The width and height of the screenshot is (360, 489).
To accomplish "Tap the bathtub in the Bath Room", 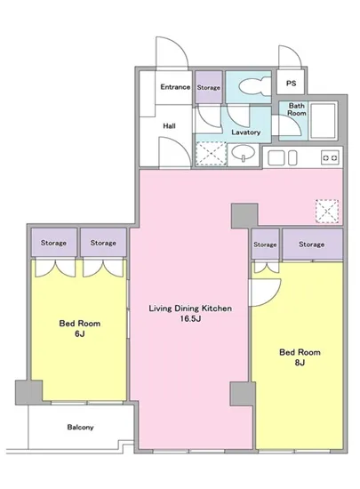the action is click(x=324, y=120).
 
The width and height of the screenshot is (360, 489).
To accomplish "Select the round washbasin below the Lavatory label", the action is click(x=244, y=153).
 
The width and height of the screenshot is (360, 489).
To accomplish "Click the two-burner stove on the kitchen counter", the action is click(x=330, y=158).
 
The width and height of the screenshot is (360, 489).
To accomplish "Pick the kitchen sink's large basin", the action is click(x=276, y=157).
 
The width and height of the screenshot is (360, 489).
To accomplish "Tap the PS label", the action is click(x=291, y=84).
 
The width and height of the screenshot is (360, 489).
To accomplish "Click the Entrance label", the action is click(x=175, y=87).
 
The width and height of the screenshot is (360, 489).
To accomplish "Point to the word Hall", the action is click(x=169, y=126).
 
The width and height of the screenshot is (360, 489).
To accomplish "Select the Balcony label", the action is click(x=80, y=428).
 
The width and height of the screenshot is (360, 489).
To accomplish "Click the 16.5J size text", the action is click(x=190, y=319).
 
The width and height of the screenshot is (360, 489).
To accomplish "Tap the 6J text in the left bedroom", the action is click(x=80, y=334).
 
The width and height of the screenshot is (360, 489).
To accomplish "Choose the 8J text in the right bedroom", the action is click(x=300, y=363).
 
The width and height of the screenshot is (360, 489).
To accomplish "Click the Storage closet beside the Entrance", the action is click(x=209, y=87).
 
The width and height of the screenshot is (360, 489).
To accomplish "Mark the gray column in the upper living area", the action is click(x=244, y=215).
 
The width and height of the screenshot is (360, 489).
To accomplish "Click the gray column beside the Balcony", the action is click(x=28, y=392).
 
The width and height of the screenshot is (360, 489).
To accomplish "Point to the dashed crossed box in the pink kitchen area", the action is click(x=326, y=212).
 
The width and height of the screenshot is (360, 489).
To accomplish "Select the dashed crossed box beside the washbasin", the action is click(x=211, y=154).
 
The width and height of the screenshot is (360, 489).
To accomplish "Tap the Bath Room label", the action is click(x=296, y=109).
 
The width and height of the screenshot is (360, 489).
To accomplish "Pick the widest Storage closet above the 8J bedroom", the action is click(x=312, y=244).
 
